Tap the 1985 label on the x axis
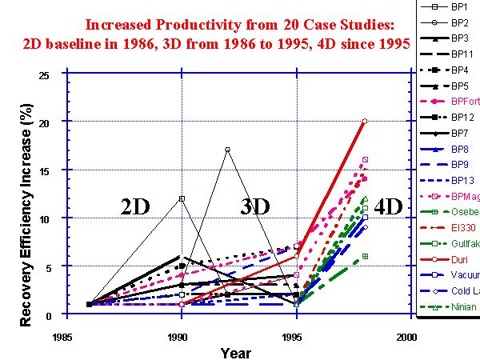[67, 338]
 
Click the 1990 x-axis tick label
[182, 338]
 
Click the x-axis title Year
[236, 352]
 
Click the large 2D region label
[136, 206]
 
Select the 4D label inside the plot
[390, 206]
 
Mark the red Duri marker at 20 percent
[365, 122]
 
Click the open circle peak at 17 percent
[228, 150]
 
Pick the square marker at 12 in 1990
[182, 198]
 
